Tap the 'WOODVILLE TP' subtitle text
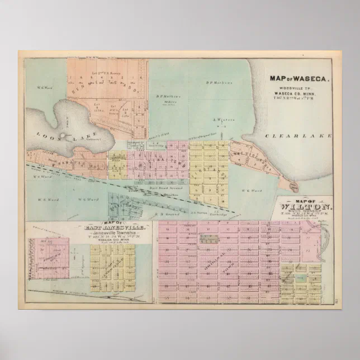(x=300, y=88)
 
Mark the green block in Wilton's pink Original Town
(x=210, y=239)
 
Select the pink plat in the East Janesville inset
(x=51, y=258)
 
